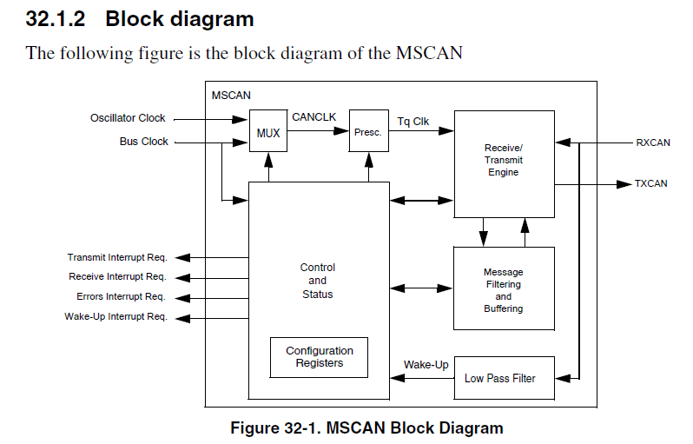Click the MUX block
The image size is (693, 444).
[268, 132]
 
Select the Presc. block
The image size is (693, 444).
[368, 132]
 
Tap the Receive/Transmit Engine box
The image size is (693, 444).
[504, 162]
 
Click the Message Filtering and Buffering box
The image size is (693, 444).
[504, 288]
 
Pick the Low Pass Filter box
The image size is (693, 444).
[500, 378]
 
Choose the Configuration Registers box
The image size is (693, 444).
[319, 357]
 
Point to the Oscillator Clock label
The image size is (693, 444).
[128, 118]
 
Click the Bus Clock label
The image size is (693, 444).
[143, 142]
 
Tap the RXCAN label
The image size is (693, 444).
[653, 142]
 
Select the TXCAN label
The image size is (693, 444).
[651, 184]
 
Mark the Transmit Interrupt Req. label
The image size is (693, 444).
[116, 258]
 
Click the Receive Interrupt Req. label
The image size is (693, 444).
[117, 277]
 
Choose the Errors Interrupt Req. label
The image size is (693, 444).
[121, 297]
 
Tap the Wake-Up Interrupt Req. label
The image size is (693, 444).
[115, 317]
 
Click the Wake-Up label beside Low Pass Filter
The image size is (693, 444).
[426, 365]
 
